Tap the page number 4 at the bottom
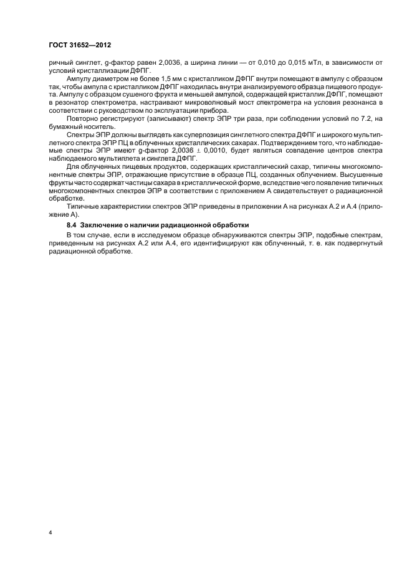tap(51, 533)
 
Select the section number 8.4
tap(73, 224)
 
